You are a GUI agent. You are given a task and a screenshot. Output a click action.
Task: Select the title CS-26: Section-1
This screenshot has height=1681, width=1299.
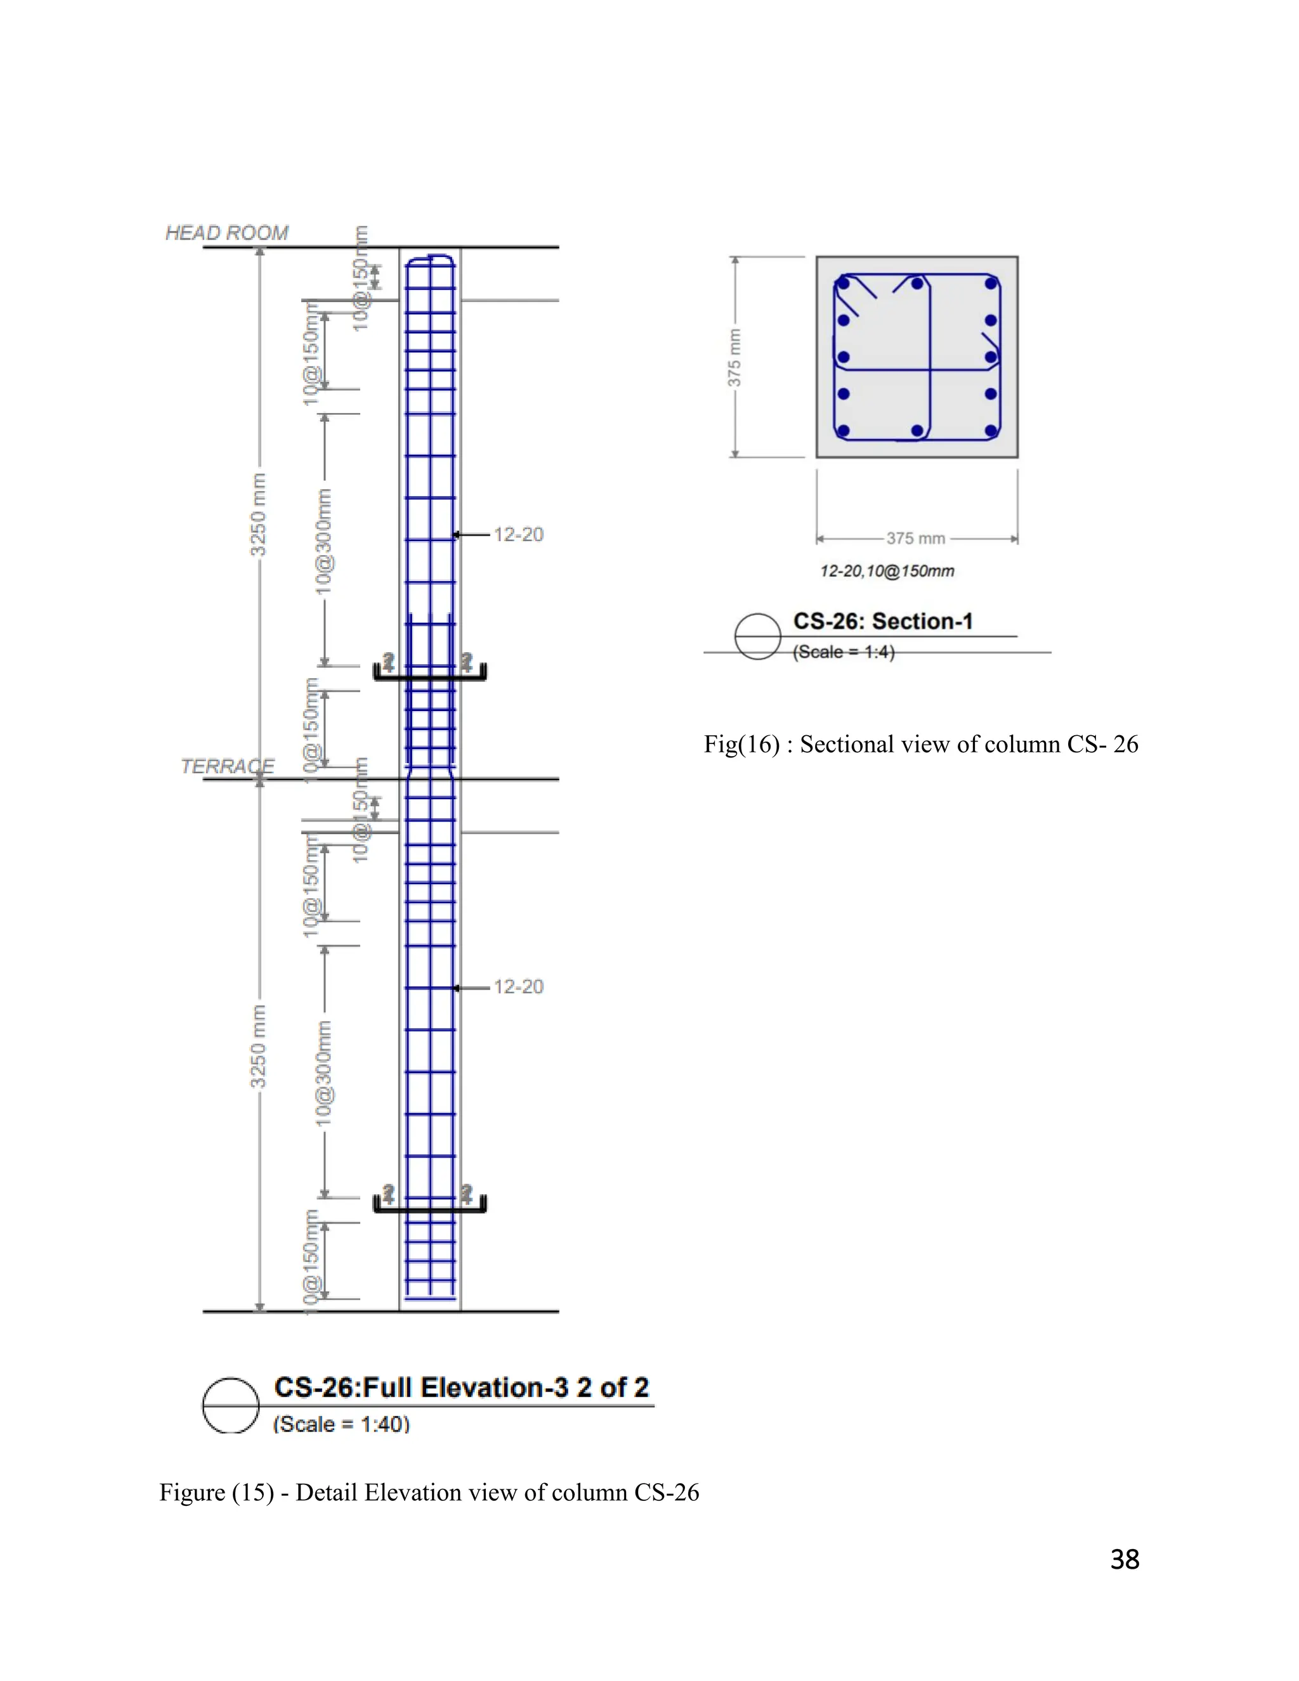883,621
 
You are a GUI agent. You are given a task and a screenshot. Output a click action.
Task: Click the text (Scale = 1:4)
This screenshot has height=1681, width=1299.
844,652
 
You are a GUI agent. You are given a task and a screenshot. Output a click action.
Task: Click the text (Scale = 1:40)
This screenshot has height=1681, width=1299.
341,1424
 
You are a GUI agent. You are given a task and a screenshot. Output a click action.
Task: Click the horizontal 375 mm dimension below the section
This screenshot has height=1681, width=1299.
915,538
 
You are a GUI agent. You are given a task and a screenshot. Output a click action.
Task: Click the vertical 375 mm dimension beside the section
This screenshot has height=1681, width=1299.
735,357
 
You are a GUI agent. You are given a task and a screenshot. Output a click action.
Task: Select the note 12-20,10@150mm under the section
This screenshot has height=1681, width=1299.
887,571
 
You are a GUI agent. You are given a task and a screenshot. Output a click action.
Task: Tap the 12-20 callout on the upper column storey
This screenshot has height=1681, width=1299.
518,534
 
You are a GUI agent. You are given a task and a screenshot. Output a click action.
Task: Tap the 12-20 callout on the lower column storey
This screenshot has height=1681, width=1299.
518,987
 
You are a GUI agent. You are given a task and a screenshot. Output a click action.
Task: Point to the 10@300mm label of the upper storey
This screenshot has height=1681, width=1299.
324,541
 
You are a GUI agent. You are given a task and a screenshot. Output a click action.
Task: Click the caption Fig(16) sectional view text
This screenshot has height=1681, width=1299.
920,744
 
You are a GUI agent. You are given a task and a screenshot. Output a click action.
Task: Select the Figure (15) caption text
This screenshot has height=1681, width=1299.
429,1493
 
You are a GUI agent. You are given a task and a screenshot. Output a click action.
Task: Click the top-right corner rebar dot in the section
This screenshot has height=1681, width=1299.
990,284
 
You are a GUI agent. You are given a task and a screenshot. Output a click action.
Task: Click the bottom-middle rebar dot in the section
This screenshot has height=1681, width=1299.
917,431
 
